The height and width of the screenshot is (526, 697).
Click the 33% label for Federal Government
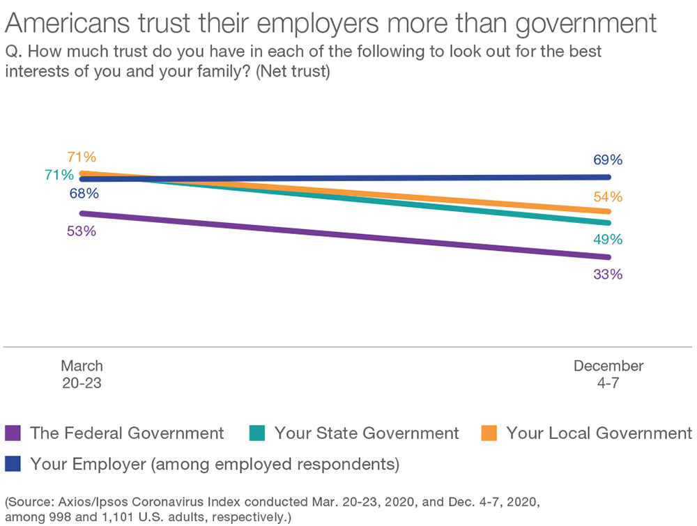pos(607,274)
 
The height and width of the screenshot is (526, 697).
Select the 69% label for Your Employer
pos(607,160)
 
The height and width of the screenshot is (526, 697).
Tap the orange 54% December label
pos(607,196)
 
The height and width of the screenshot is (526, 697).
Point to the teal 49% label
pos(607,240)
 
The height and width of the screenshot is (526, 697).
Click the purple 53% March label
pos(82,231)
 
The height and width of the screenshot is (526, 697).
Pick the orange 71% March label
pos(82,157)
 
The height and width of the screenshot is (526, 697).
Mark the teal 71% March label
pos(59,175)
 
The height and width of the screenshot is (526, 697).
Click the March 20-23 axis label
pos(82,373)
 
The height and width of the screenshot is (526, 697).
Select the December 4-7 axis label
pos(608,373)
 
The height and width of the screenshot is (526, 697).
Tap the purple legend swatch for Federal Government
pos(14,433)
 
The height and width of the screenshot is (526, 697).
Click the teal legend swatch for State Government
pos(257,433)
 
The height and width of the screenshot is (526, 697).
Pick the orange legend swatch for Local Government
pos(489,433)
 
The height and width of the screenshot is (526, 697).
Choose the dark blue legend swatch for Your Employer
pos(14,463)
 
